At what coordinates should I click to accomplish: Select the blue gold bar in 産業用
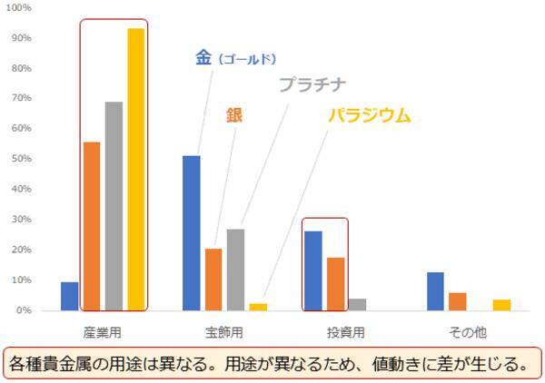[70, 296]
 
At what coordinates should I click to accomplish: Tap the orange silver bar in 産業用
[92, 226]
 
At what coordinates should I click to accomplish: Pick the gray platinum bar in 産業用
[114, 206]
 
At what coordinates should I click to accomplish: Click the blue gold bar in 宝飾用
[192, 233]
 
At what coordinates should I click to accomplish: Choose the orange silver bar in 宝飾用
[213, 280]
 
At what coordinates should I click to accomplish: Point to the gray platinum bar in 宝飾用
[235, 270]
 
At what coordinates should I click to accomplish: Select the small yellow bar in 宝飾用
[258, 307]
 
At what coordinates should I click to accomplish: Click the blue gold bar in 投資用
[313, 270]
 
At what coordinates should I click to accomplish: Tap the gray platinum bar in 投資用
[357, 304]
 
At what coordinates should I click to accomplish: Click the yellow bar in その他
[502, 305]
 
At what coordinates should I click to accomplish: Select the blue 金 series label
[203, 57]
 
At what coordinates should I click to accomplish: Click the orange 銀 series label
[234, 114]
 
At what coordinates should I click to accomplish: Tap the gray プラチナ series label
[312, 84]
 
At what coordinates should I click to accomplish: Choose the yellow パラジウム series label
[370, 115]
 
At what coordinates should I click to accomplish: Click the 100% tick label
[20, 8]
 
